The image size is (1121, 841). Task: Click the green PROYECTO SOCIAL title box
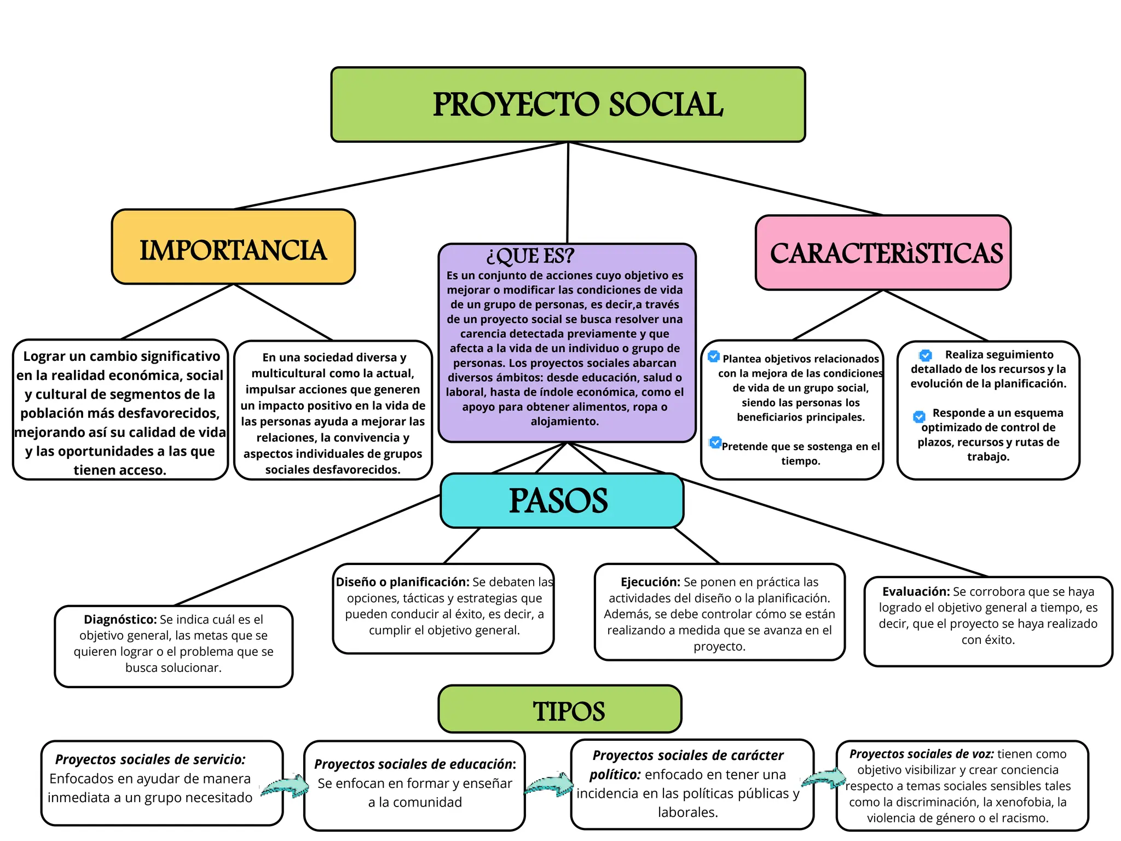coord(568,105)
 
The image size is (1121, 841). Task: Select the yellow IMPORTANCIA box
coord(233,247)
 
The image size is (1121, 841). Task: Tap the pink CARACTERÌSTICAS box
coord(883,252)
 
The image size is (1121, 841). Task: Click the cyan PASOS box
coord(562,500)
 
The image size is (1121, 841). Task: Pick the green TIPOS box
coord(560,709)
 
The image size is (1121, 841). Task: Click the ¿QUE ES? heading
coord(530,256)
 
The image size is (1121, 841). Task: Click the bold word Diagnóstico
coord(120,619)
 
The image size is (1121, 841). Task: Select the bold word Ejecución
coord(650,582)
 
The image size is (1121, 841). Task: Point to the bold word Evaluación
coord(916,591)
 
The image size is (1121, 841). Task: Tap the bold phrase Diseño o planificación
coord(402,582)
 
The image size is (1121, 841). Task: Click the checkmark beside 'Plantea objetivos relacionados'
coord(714,356)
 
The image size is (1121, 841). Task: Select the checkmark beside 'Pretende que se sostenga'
coord(715,442)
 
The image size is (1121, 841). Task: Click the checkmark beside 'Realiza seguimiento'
coord(926,355)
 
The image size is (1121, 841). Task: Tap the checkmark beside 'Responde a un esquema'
coord(920,417)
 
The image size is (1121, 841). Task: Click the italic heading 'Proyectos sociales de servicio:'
coord(151,759)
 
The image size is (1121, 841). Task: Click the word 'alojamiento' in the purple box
coord(564,422)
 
